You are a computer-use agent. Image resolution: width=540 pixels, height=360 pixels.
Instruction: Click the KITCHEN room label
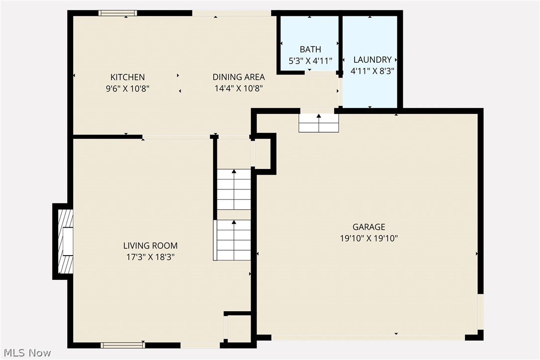(x=127, y=77)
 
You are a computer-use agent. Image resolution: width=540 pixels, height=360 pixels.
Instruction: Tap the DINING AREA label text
(x=239, y=77)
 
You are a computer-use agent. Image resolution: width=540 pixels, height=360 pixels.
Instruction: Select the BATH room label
(x=310, y=49)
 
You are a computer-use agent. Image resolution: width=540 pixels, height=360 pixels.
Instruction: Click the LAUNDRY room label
(x=372, y=60)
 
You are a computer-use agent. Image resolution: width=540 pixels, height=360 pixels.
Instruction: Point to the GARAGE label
(x=369, y=227)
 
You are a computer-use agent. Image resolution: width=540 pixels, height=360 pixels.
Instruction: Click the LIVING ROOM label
(x=150, y=246)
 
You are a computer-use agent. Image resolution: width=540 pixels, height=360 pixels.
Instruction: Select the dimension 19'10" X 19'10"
(x=369, y=239)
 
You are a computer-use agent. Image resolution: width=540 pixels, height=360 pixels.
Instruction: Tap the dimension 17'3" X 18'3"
(x=150, y=257)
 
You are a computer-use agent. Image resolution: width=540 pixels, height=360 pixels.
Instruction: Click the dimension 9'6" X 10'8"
(x=127, y=89)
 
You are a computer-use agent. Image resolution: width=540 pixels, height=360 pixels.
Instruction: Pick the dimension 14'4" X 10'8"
(x=239, y=89)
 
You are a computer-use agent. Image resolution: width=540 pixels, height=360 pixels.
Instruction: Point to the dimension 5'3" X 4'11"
(x=310, y=61)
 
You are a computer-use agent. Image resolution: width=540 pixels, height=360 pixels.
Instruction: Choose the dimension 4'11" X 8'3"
(x=372, y=71)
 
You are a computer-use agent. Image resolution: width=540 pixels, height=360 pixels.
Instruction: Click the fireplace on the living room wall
(x=65, y=242)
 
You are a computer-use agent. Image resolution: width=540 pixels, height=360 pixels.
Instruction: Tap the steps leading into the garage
(x=319, y=123)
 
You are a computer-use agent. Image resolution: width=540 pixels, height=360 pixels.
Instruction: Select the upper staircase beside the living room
(x=234, y=189)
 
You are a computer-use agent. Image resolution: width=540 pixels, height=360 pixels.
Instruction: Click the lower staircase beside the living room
(x=233, y=240)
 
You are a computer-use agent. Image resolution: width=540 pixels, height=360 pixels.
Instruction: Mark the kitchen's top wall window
(x=117, y=13)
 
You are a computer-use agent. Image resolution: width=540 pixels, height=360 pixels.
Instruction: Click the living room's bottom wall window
(x=122, y=345)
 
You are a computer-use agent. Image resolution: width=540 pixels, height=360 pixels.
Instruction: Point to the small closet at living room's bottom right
(x=238, y=328)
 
